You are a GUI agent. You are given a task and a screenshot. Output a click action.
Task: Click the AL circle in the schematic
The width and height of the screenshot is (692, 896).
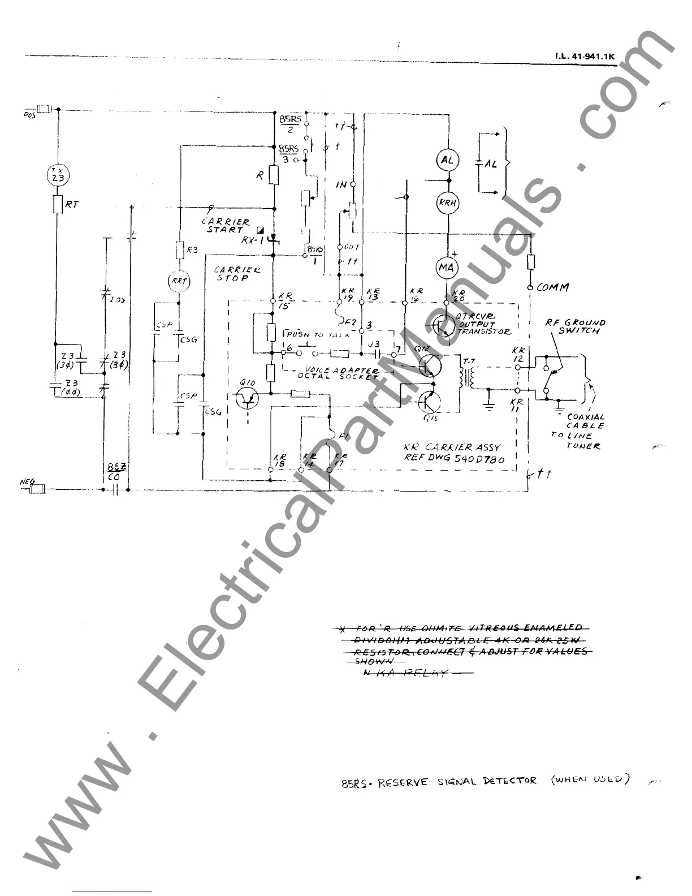447,160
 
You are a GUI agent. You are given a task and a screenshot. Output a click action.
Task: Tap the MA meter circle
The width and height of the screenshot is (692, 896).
447,268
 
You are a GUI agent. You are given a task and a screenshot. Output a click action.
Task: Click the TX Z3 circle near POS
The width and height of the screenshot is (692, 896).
57,174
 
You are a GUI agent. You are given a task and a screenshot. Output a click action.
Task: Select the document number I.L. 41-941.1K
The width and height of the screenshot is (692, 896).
584,57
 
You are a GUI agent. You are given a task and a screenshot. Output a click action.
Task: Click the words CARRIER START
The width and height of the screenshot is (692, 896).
226,226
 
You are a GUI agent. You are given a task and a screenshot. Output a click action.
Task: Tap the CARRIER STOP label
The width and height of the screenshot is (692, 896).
237,274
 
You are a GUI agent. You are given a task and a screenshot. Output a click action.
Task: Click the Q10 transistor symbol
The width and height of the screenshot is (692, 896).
247,398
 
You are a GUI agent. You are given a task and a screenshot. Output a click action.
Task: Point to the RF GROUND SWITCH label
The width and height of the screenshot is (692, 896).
575,326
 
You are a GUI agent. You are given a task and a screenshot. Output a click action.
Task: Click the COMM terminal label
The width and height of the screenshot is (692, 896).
552,287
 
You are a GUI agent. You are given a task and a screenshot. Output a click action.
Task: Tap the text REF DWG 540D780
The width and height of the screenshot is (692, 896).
454,459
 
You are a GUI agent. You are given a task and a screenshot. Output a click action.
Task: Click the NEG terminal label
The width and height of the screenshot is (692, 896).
27,482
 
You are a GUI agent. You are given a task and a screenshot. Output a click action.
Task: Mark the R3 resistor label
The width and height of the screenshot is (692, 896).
192,249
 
